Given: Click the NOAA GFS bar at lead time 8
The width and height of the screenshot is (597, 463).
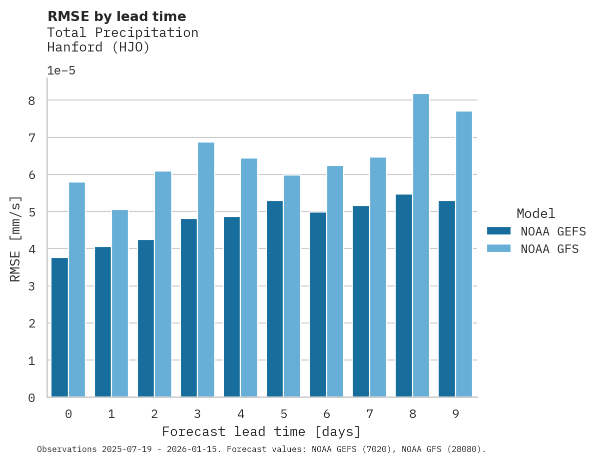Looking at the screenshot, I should click(421, 245).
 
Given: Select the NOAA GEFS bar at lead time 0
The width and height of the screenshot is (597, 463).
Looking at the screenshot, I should click(59, 327).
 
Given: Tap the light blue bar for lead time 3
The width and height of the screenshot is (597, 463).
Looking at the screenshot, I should click(206, 270).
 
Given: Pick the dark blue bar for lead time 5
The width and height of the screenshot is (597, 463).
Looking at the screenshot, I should click(275, 299).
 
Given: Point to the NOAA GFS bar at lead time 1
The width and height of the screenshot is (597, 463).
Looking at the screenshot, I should click(120, 303).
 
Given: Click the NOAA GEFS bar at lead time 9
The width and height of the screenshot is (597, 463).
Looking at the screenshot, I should click(447, 299).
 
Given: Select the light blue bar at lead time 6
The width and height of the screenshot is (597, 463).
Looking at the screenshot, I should click(335, 281).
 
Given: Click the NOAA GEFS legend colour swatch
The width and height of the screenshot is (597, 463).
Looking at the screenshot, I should click(499, 231).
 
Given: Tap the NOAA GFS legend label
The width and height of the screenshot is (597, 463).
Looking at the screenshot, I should click(550, 249).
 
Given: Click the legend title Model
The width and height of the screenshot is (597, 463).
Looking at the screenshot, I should click(536, 213).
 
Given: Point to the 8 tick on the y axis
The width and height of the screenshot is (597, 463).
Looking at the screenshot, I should click(31, 100).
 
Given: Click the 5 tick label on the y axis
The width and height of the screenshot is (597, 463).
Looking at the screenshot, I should click(31, 212).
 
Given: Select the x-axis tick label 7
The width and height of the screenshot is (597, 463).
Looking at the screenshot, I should click(370, 414).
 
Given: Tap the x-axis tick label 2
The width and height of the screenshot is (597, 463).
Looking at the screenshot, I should click(154, 414).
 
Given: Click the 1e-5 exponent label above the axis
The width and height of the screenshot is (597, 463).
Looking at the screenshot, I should click(61, 70).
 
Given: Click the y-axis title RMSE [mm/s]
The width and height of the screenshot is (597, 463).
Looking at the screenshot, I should click(16, 239).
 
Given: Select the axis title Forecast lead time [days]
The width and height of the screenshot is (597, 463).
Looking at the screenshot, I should click(261, 431).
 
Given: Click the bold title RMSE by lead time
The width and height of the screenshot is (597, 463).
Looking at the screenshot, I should click(117, 16).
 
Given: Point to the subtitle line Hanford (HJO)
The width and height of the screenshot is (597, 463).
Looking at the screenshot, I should click(98, 47).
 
